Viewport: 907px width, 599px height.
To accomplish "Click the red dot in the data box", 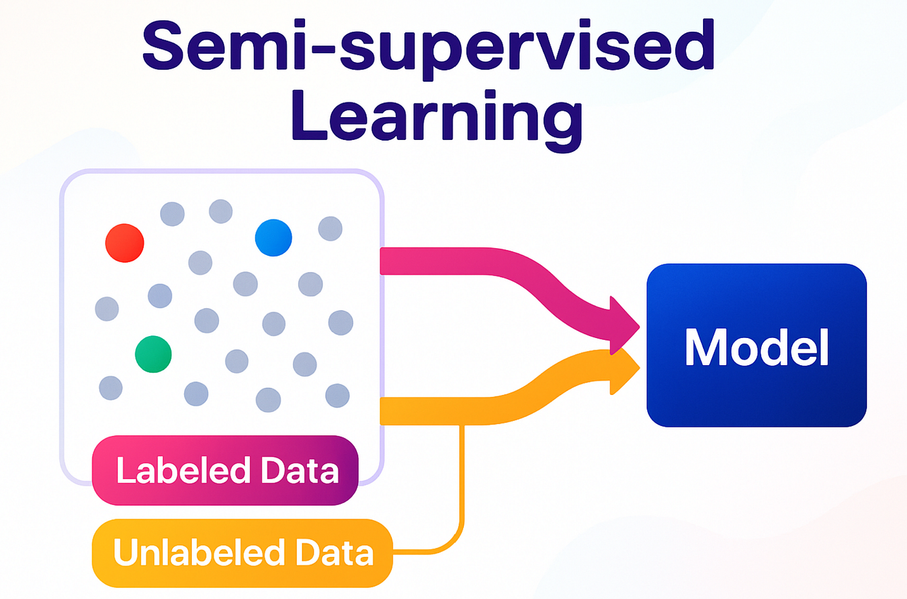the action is [x=124, y=243].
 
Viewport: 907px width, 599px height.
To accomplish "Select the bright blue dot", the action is [x=273, y=238].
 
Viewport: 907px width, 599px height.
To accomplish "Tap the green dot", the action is [x=153, y=354].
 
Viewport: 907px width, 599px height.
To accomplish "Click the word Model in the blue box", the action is [x=757, y=347].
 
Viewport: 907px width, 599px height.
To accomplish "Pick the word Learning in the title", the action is [x=437, y=115].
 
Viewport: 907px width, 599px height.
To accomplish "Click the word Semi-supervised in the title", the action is [x=428, y=49].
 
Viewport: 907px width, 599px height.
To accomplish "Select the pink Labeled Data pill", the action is [x=225, y=470].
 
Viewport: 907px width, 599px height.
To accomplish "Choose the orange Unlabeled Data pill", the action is [x=242, y=553].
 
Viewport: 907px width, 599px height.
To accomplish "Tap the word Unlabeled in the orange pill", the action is [x=198, y=552].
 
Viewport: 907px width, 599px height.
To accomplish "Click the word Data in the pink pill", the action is [x=299, y=470].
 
